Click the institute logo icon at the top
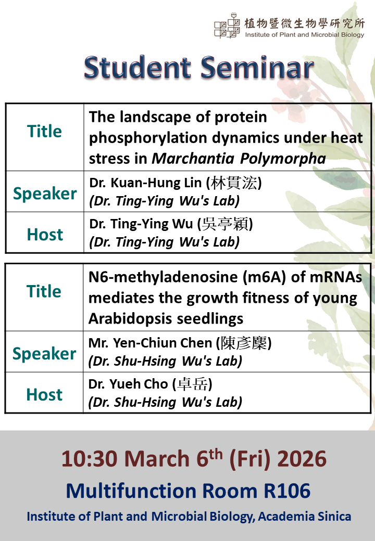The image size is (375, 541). (x=227, y=25)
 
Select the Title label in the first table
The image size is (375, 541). (x=45, y=132)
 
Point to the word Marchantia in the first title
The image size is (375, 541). (x=193, y=158)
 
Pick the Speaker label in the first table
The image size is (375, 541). (x=45, y=193)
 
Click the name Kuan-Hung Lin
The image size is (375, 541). (x=156, y=183)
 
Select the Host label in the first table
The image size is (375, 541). (x=45, y=235)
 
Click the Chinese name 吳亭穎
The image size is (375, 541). (x=225, y=224)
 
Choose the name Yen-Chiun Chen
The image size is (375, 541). (x=162, y=343)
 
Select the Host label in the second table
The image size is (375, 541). (x=44, y=395)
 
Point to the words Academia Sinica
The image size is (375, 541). (x=305, y=517)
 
